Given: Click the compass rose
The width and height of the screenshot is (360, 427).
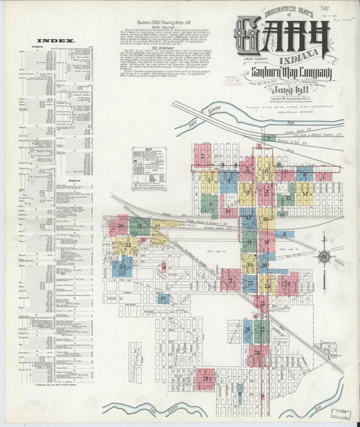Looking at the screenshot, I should pos(325,257).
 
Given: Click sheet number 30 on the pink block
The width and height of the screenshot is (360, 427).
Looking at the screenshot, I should pos(122,226).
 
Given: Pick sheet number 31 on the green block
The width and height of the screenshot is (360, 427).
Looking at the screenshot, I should pos(140,225).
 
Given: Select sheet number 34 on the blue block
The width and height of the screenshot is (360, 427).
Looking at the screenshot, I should pos(122,267).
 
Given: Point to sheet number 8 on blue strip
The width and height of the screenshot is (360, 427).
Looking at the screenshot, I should pos(284,234).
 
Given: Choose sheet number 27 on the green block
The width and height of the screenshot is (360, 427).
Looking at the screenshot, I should pos(261,331).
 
